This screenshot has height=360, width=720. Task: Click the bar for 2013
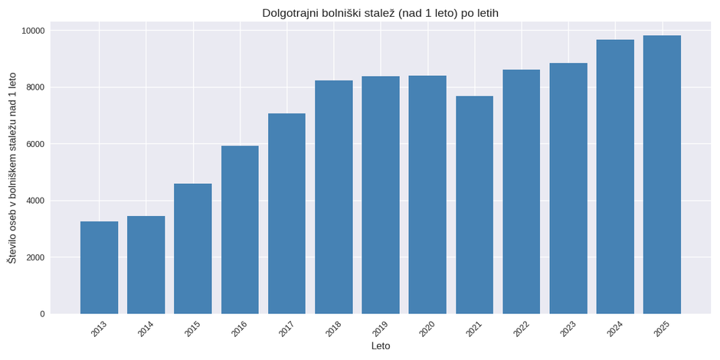click(x=99, y=267)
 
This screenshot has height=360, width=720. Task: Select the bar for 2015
click(x=193, y=248)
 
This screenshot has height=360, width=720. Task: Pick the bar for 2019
click(x=381, y=195)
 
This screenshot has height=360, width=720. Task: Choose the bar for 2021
click(x=474, y=205)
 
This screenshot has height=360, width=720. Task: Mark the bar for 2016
click(x=240, y=230)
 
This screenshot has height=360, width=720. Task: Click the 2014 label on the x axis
click(x=146, y=329)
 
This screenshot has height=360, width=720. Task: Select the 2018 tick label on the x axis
click(x=333, y=329)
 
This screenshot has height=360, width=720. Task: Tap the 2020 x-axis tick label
click(x=427, y=329)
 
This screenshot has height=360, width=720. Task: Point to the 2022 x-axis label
click(x=521, y=329)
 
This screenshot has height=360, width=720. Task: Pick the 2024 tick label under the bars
click(x=615, y=329)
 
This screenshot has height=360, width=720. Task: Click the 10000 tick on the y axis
click(x=33, y=31)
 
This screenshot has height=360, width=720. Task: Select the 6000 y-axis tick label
click(x=35, y=144)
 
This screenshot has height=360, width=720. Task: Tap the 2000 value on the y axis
click(x=35, y=257)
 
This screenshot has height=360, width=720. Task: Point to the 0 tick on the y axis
click(x=42, y=314)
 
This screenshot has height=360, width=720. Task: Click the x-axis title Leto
click(x=381, y=346)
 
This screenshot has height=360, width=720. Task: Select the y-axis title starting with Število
click(x=11, y=168)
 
